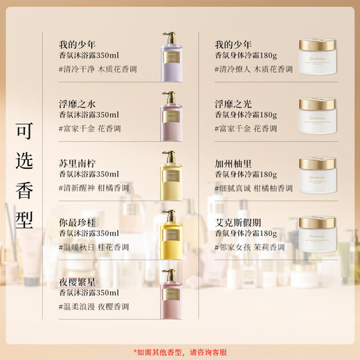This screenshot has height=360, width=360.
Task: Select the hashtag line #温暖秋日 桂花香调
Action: tap(96, 247)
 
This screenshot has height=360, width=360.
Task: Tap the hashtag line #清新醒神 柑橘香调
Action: tap(96, 188)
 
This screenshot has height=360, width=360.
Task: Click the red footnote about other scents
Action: tap(180, 350)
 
